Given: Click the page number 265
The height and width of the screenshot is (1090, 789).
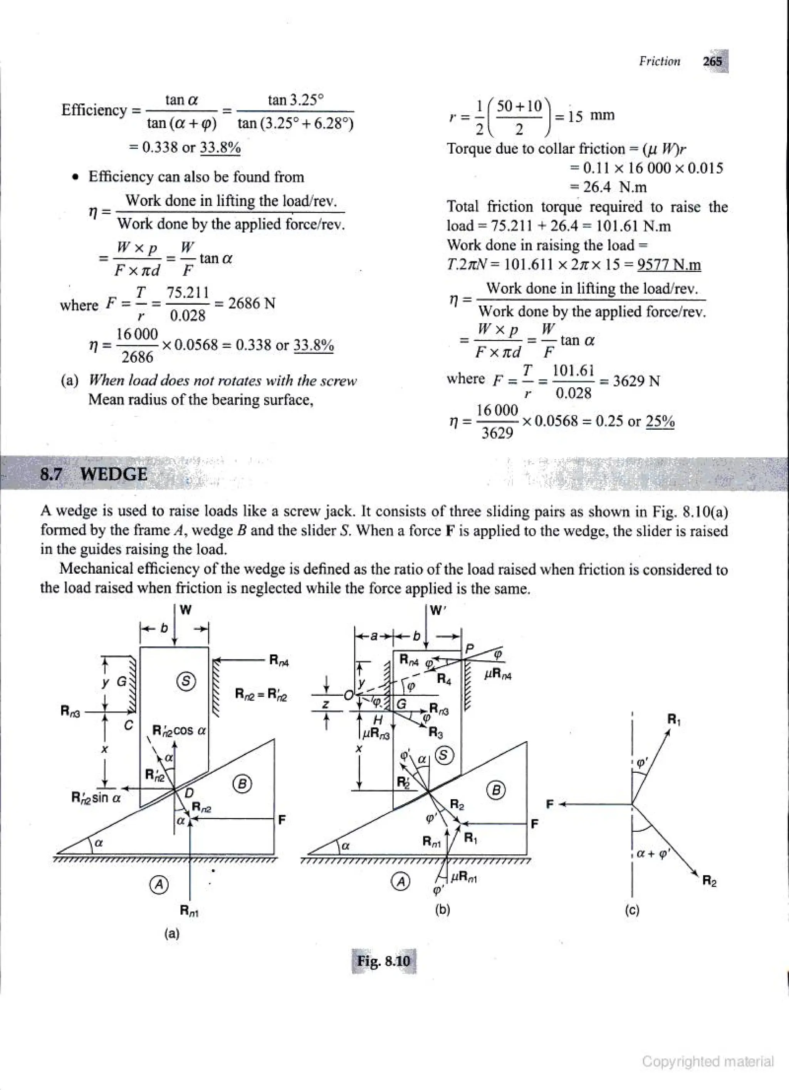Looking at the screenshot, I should click(x=713, y=62).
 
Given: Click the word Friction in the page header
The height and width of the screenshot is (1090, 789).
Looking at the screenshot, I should click(x=660, y=62).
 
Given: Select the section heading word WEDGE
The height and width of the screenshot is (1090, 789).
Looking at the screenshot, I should click(x=114, y=474).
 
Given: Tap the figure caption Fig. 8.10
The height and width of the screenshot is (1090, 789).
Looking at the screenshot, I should click(x=384, y=961).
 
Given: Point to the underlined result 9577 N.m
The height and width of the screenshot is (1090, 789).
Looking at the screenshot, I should click(x=669, y=265).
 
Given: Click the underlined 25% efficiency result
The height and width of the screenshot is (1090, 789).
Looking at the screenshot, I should click(x=660, y=421).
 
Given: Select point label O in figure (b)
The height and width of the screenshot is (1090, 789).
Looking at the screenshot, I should click(x=347, y=695).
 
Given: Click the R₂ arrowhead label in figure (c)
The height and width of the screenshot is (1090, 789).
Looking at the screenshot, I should click(x=709, y=881).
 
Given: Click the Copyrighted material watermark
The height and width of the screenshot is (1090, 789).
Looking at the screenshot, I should click(x=708, y=1061).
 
